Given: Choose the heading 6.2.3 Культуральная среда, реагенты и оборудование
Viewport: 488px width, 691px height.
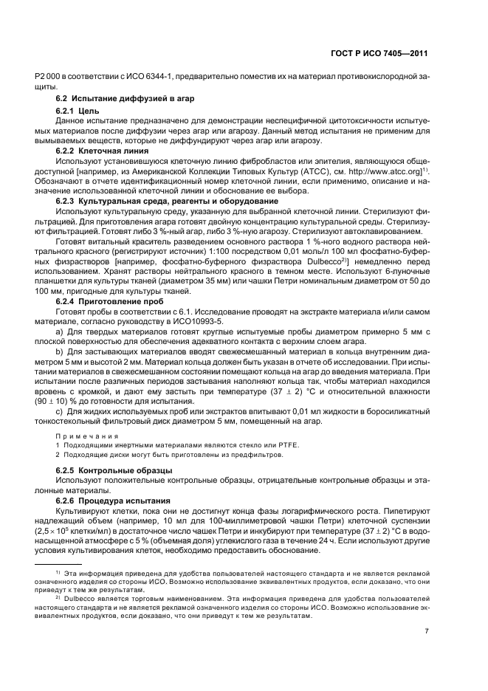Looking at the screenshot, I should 168,201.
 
